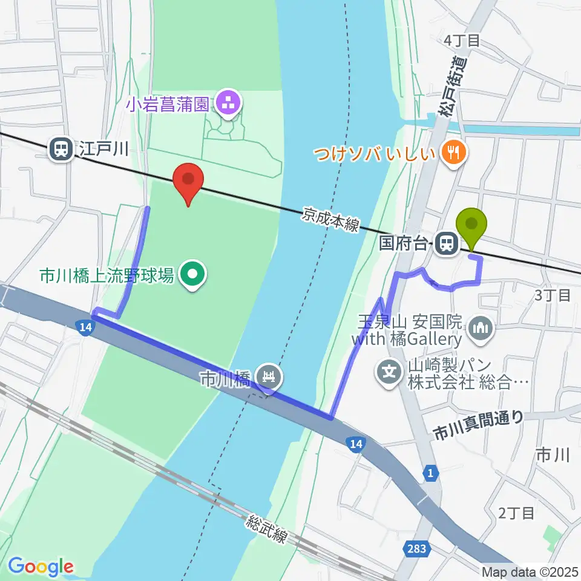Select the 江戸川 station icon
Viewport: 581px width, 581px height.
tap(61, 148)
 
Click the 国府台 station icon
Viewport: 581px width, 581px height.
tap(447, 243)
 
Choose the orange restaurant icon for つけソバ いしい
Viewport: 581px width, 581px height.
tap(452, 153)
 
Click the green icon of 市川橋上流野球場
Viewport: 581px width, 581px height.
tap(193, 275)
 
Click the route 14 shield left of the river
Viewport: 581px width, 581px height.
tap(85, 327)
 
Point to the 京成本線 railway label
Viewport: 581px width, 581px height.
tap(331, 220)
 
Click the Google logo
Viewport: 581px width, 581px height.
tap(41, 566)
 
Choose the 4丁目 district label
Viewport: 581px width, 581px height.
tap(462, 41)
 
